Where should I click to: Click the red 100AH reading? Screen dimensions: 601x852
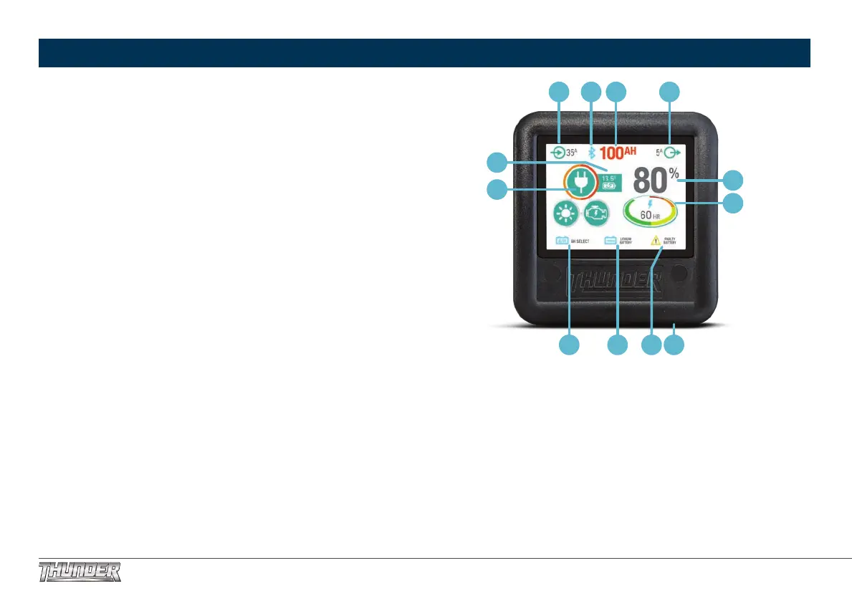618,152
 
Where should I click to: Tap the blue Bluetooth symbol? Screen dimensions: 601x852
592,152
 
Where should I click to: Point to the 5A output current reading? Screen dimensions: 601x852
659,152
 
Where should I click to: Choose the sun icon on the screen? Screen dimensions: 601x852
564,213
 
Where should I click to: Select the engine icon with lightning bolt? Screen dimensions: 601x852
596,213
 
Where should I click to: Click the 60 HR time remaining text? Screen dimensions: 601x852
650,214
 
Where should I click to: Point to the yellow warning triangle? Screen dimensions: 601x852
655,241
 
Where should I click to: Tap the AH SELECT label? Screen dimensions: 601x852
580,241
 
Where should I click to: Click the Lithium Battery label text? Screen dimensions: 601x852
625,241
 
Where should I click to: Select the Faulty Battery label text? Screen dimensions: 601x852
669,241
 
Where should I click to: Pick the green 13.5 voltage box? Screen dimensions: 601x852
610,182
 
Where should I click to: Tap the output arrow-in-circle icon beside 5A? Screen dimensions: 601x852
671,152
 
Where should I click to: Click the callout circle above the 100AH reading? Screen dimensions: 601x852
616,91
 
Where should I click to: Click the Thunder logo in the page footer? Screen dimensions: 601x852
80,572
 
